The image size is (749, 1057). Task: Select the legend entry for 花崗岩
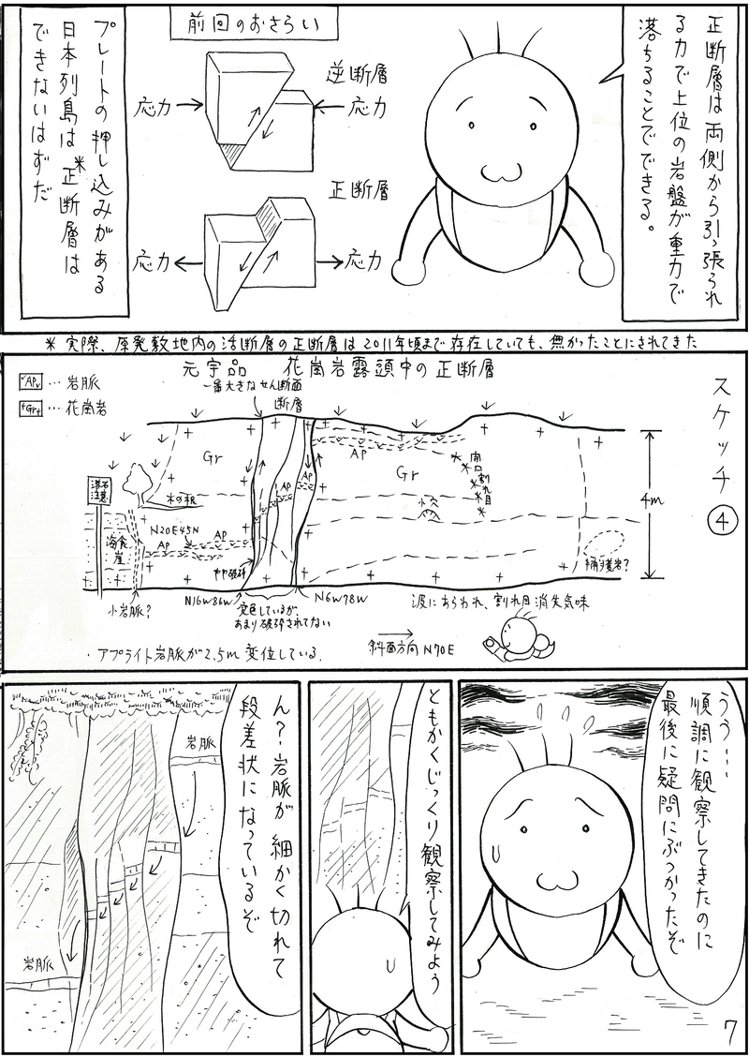58,409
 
